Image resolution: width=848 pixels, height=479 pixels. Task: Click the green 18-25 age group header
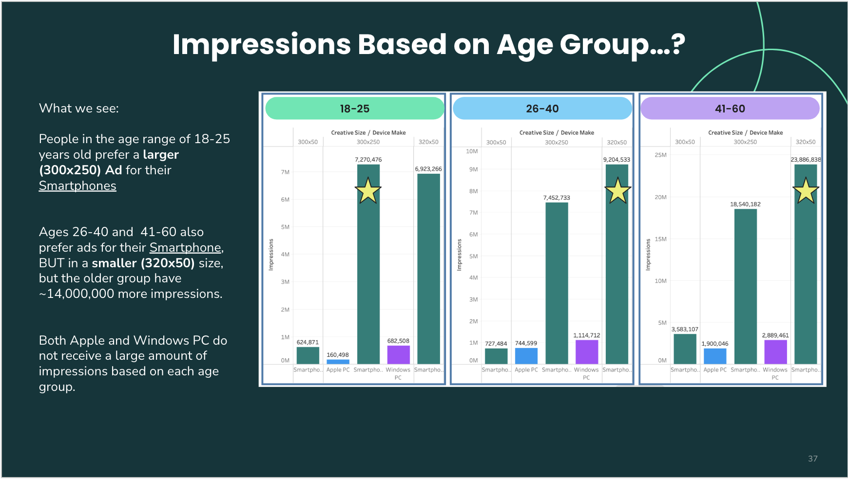(354, 109)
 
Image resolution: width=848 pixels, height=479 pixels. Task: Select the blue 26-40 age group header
(542, 109)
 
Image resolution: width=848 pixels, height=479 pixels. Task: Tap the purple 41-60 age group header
(730, 109)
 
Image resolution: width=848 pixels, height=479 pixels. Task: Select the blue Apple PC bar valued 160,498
(338, 362)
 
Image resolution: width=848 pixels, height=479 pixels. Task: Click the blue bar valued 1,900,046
(715, 356)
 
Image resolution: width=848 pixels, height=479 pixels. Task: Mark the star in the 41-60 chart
(806, 191)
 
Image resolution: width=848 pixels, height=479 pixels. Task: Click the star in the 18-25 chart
(368, 191)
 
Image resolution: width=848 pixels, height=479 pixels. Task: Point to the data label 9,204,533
(617, 160)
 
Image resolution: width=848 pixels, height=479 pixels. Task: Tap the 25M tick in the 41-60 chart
(660, 155)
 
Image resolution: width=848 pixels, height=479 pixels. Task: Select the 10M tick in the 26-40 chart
(472, 151)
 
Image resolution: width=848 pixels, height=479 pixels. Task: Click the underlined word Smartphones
(77, 186)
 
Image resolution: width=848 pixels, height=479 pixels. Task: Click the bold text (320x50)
(168, 263)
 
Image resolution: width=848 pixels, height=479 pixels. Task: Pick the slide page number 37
(812, 459)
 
